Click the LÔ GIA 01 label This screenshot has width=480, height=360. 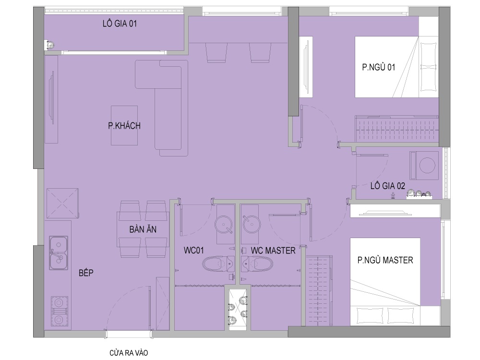(120, 24)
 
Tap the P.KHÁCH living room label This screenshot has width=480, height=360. (124, 125)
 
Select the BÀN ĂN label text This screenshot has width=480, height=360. (143, 229)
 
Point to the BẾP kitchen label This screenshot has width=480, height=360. (86, 273)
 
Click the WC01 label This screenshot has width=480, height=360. (194, 250)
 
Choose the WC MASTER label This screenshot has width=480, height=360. (273, 251)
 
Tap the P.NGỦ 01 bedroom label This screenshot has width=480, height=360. (379, 67)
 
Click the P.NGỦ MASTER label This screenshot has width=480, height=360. (385, 260)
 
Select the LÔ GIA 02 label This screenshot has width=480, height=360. (387, 186)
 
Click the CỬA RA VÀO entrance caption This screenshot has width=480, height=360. (129, 353)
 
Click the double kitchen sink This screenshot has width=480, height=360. (59, 252)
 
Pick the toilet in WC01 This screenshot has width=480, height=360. (217, 263)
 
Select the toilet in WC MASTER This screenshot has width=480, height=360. (257, 264)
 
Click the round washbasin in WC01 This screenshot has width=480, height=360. (224, 224)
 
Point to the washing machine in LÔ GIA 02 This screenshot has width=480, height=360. (424, 166)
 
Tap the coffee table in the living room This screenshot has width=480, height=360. (124, 125)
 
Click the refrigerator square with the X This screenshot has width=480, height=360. (62, 203)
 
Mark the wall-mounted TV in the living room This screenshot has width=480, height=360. (52, 97)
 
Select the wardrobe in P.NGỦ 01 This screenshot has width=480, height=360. (396, 129)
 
